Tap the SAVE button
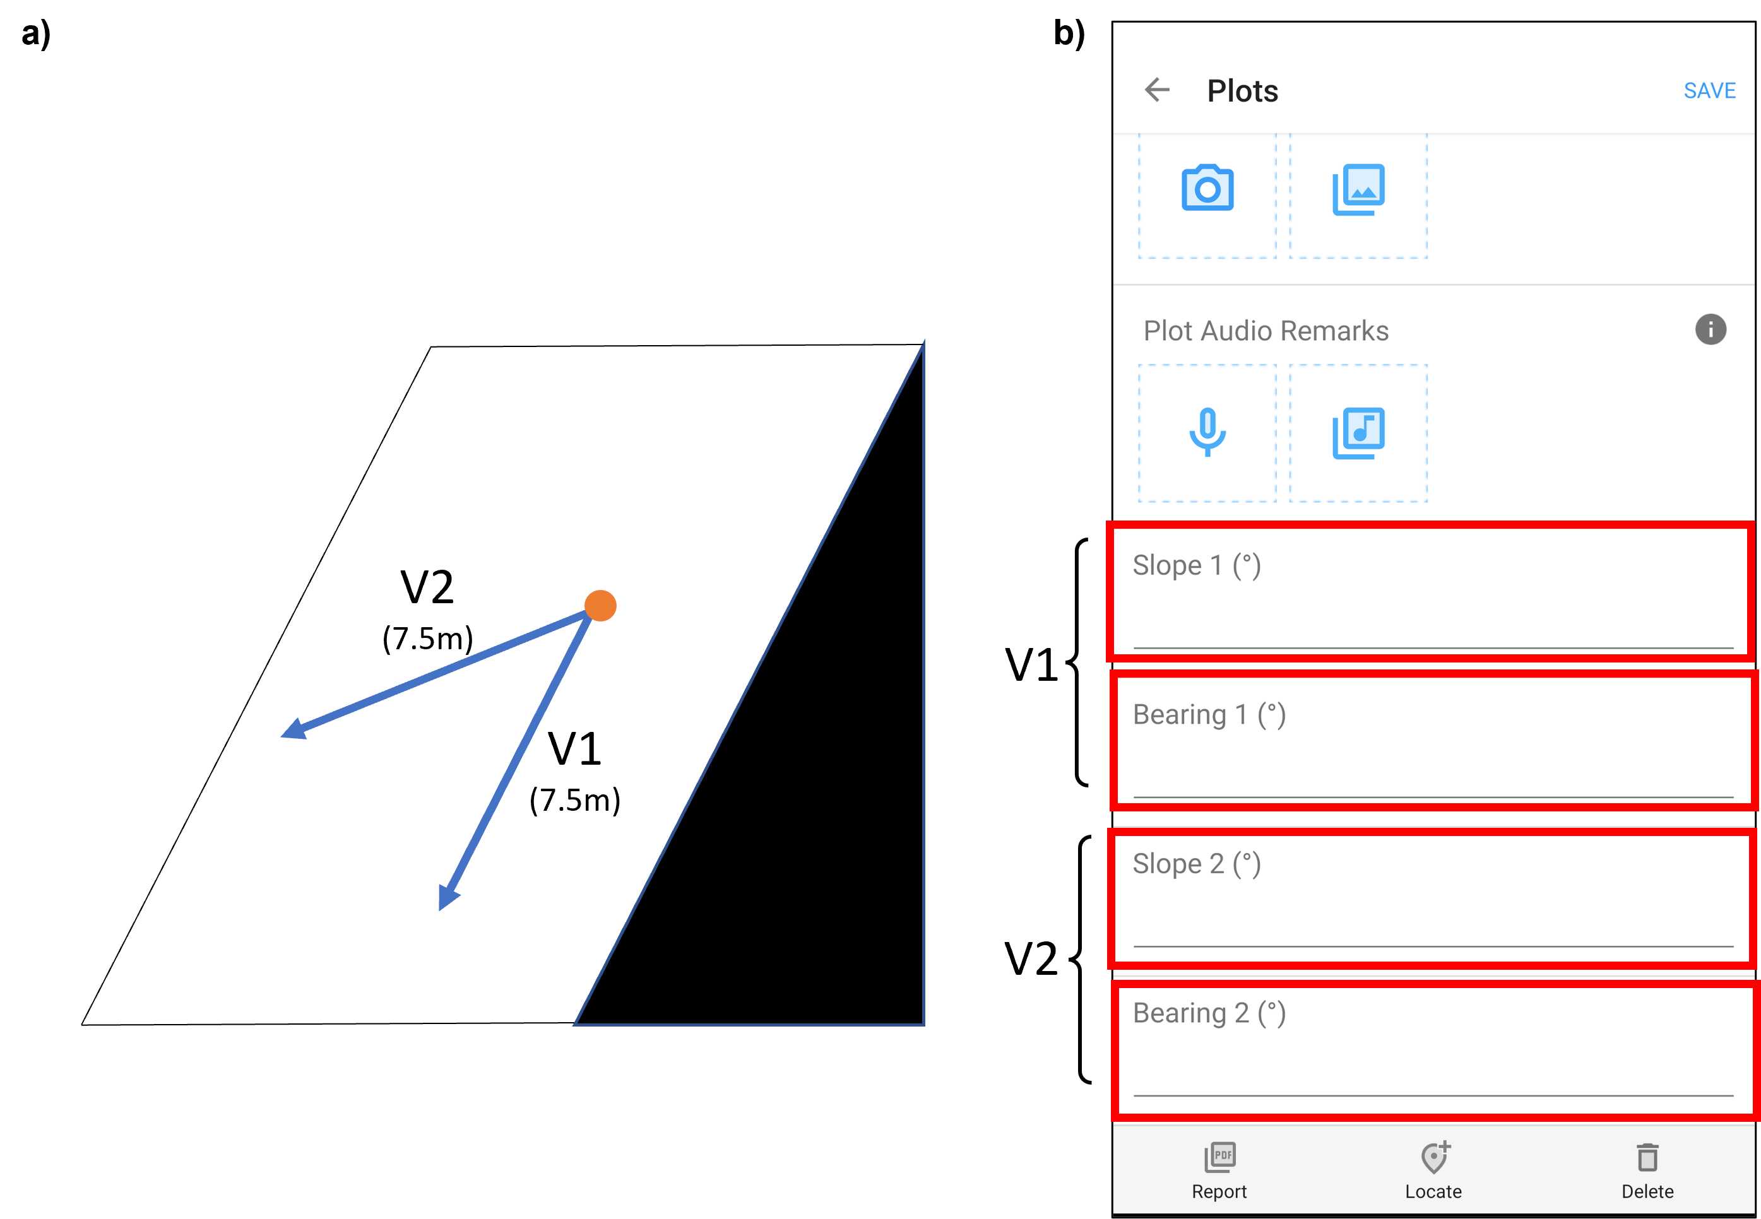pyautogui.click(x=1709, y=90)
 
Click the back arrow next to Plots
pyautogui.click(x=1157, y=90)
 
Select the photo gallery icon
pyautogui.click(x=1358, y=189)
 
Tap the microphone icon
pyautogui.click(x=1207, y=432)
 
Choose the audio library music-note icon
pyautogui.click(x=1358, y=433)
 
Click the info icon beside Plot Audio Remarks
pyautogui.click(x=1711, y=329)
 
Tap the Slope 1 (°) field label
pyautogui.click(x=1197, y=565)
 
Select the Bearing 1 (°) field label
pyautogui.click(x=1209, y=715)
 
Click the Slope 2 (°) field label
pyautogui.click(x=1197, y=864)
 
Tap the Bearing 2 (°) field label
pyautogui.click(x=1209, y=1013)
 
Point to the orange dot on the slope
pyautogui.click(x=600, y=606)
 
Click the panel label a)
pyautogui.click(x=36, y=34)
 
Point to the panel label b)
pyautogui.click(x=1069, y=34)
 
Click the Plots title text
pyautogui.click(x=1242, y=91)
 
